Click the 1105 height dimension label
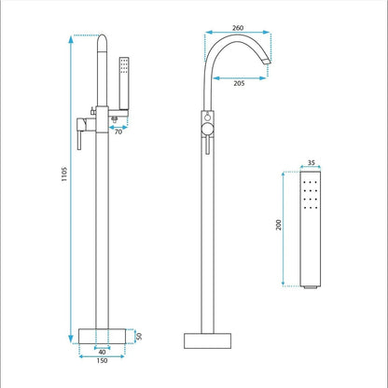64,174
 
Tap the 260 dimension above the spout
238,28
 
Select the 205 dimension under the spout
239,83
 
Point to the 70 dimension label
118,132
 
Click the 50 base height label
139,337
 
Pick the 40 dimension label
102,353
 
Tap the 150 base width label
102,361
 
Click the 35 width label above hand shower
312,162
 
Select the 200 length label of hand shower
279,225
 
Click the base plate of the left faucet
102,336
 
